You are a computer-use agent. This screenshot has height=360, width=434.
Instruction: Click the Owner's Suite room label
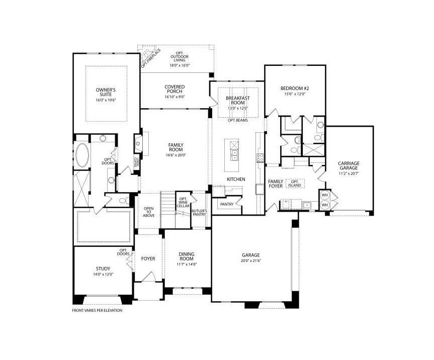coord(106,92)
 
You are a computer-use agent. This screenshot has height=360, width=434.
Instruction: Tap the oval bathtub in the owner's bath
coord(81,155)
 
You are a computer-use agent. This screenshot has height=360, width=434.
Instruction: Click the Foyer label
coord(148,258)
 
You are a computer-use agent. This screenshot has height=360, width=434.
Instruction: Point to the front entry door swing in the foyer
coord(147,277)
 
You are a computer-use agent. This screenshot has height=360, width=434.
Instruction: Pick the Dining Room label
coord(186,256)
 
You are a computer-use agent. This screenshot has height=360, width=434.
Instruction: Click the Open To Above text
coord(149,212)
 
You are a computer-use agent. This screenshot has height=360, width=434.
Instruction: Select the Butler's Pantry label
coord(199,212)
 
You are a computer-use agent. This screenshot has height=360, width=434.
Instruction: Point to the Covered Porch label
coord(175,89)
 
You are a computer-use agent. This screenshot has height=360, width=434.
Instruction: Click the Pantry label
coord(226,204)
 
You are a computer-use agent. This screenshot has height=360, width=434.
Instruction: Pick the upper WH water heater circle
coord(324,196)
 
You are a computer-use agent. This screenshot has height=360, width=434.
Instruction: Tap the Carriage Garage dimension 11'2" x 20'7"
coord(348,174)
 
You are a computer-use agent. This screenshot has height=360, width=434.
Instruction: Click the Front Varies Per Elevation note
coord(97,310)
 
